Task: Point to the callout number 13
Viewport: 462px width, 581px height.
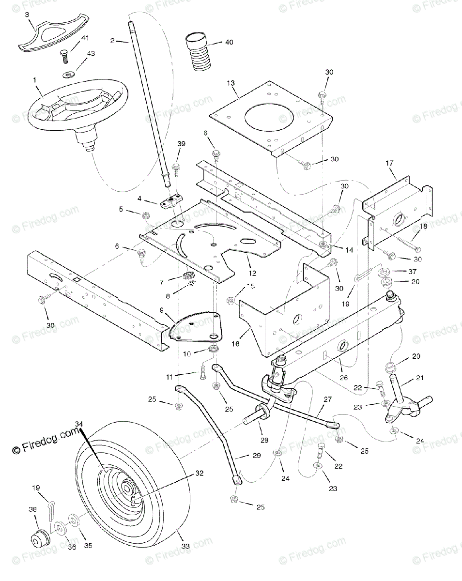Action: tap(231, 83)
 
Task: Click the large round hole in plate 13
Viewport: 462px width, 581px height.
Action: tap(269, 118)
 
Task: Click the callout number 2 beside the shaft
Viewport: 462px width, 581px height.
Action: tap(112, 41)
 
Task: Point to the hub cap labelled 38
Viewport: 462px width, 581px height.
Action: tap(38, 538)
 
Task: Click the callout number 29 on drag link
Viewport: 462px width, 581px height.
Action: tap(257, 456)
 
